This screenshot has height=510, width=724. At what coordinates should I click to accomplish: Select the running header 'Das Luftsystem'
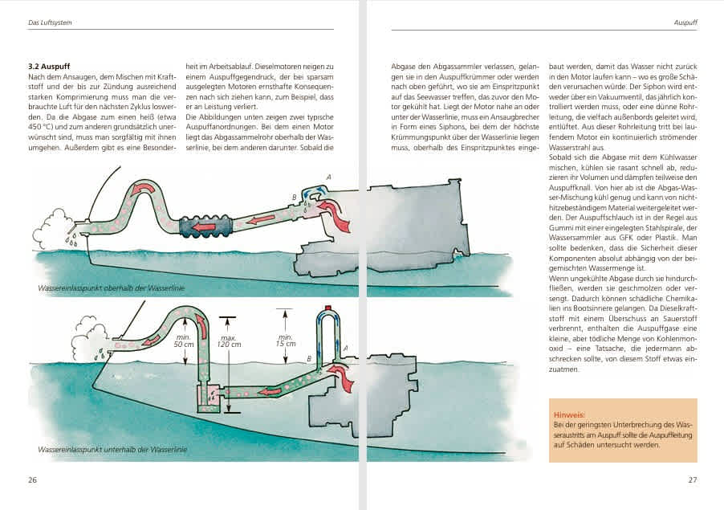49,22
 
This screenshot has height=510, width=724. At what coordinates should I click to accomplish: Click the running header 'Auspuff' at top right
685,22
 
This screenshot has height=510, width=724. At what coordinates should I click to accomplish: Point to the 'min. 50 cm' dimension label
184,341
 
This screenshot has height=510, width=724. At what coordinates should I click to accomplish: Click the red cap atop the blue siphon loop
327,308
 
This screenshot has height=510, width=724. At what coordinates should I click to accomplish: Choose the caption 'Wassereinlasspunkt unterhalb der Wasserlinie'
112,449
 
